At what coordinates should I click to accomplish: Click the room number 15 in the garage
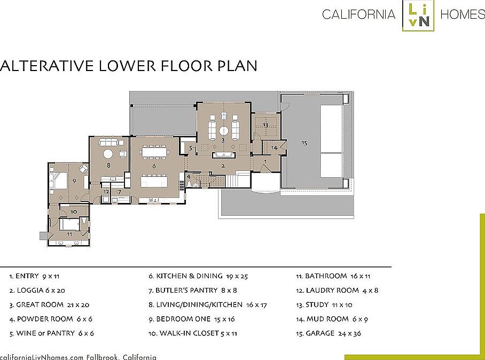pos(304,143)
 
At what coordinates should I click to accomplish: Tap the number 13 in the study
pos(265,125)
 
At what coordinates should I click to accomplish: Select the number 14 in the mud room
pos(274,148)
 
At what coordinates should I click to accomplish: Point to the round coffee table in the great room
pos(224,131)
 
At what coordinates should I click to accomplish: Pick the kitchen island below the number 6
pos(154,181)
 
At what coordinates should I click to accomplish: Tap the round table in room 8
pos(108,154)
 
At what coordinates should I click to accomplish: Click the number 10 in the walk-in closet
pos(74,212)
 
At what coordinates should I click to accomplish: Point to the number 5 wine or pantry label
pos(191,148)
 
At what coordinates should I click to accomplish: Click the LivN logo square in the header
pos(418,15)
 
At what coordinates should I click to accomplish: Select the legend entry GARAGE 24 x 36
pos(328,333)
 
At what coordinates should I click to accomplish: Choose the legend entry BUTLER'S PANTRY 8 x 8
pos(193,290)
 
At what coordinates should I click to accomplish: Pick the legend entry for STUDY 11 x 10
pos(324,304)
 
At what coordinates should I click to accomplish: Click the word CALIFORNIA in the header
pos(359,14)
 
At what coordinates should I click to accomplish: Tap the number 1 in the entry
pos(265,161)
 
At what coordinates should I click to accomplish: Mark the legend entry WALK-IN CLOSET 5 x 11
pos(193,333)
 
